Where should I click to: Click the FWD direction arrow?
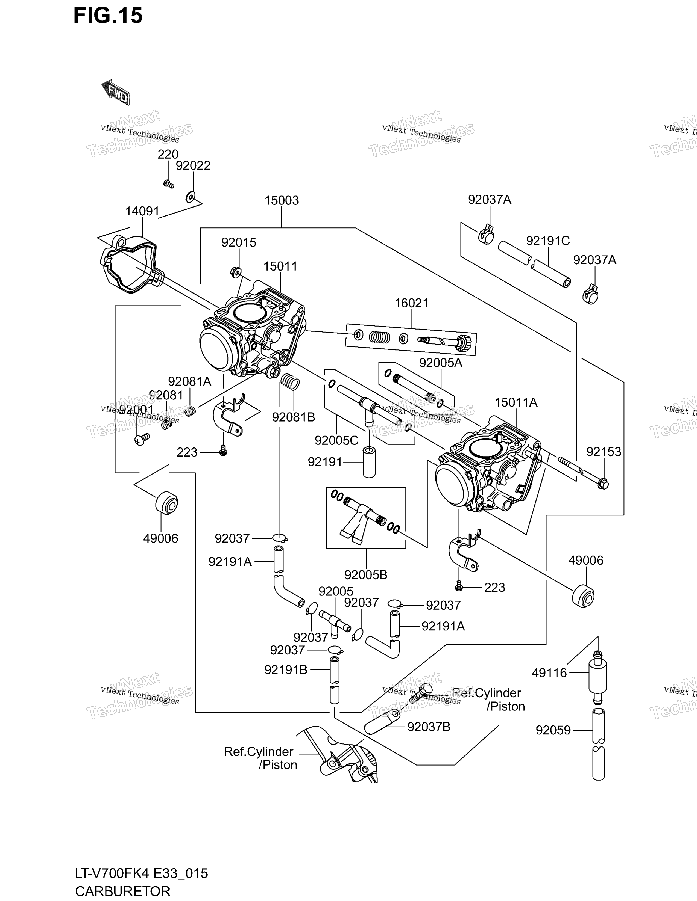116,92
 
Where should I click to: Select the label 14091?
142,211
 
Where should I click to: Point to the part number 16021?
412,303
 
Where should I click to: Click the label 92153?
604,452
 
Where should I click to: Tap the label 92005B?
366,575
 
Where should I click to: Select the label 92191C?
548,241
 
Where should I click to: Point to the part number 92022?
193,166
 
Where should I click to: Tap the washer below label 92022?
190,197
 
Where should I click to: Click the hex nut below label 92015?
235,272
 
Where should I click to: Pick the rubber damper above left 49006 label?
167,502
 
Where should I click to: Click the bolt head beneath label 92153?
603,483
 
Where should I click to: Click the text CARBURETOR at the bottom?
123,891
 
